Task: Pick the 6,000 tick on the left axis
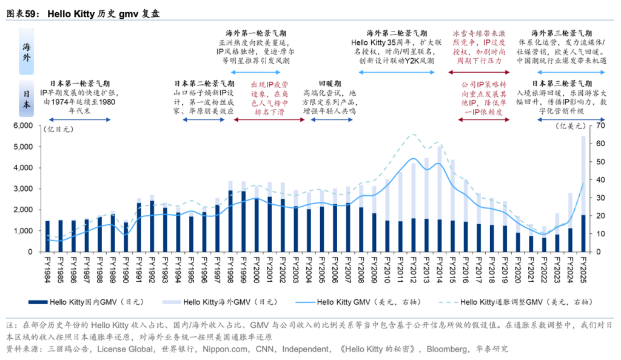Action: (22, 126)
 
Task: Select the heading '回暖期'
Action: (329, 83)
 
